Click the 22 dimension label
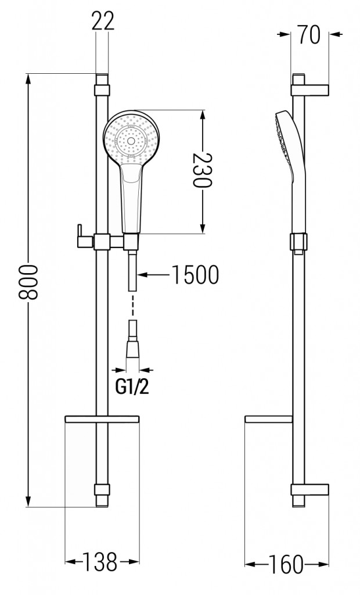(x=102, y=21)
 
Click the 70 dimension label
(x=309, y=34)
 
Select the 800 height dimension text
(x=29, y=282)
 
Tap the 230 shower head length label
(x=202, y=170)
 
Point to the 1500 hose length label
(x=195, y=274)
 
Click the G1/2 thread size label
(x=132, y=387)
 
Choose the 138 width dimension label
(x=100, y=562)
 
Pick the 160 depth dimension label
(x=286, y=564)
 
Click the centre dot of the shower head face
(x=131, y=141)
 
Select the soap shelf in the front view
(x=102, y=419)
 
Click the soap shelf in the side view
(x=269, y=420)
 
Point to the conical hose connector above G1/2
(x=132, y=348)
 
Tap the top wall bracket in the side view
(x=309, y=90)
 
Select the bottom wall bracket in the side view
(x=309, y=489)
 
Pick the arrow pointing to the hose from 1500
(x=154, y=274)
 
